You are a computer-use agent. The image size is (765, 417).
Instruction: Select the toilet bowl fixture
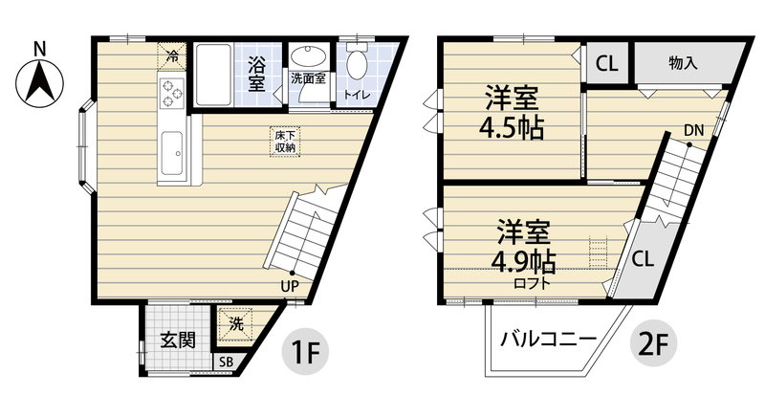pyautogui.click(x=356, y=65)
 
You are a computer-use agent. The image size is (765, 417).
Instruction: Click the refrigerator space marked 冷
pyautogui.click(x=172, y=55)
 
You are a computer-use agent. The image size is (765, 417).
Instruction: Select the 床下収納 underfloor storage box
pyautogui.click(x=285, y=142)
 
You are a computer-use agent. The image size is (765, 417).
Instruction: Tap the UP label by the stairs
pyautogui.click(x=288, y=284)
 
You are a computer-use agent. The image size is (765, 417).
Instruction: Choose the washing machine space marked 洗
pyautogui.click(x=236, y=323)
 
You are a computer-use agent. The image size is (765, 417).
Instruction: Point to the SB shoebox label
pyautogui.click(x=226, y=362)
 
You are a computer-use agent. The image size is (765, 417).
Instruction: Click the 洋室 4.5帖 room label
pyautogui.click(x=511, y=113)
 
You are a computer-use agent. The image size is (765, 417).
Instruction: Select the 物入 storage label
pyautogui.click(x=682, y=64)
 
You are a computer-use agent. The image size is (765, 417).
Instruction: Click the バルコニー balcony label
pyautogui.click(x=549, y=340)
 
